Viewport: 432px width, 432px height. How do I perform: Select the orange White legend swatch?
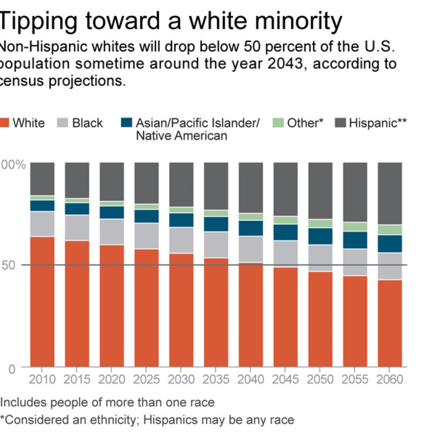pos(4,123)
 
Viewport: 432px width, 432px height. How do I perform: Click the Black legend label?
pos(87,123)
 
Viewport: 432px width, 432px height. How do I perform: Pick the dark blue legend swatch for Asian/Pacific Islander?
pos(126,123)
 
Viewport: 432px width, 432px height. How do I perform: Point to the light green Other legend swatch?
pos(278,123)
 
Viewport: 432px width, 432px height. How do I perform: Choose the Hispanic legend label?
pos(378,123)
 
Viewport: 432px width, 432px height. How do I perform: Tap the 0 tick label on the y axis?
pos(12,369)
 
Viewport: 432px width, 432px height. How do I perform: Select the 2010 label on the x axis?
pos(42,379)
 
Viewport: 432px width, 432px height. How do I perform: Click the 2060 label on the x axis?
pos(390,379)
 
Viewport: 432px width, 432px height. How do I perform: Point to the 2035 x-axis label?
pos(216,379)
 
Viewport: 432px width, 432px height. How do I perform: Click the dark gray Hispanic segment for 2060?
pos(390,193)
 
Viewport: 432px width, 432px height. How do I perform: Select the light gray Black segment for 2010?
pos(42,224)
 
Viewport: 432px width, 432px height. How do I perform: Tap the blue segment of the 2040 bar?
pos(251,228)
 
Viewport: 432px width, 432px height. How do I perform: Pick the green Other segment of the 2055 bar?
pos(355,227)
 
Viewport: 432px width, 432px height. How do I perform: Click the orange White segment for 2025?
pos(147,308)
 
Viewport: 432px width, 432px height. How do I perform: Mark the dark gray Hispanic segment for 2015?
pos(77,180)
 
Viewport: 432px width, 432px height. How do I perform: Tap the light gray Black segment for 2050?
pos(320,258)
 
